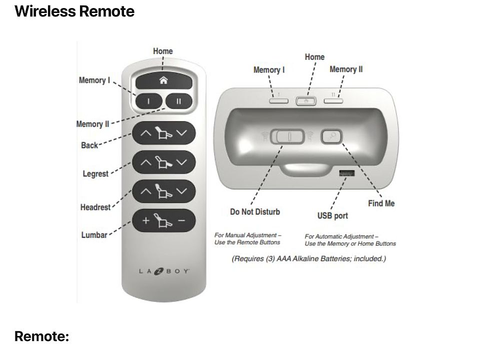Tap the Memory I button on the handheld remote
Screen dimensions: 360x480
148,101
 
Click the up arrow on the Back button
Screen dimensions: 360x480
145,133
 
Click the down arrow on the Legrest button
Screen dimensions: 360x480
181,162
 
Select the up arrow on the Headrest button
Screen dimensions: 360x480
145,191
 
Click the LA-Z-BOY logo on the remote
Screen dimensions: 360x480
164,271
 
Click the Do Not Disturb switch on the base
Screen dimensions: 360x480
287,136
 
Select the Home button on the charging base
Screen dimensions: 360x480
306,100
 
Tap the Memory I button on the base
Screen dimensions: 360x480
279,100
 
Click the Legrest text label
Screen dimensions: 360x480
95,174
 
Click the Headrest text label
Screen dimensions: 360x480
95,207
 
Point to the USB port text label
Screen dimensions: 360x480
332,216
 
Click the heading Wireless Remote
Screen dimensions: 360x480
74,11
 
